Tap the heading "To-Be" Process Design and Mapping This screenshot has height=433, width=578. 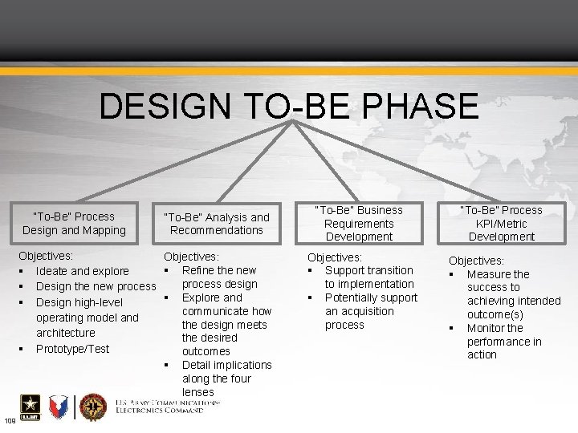[74, 223]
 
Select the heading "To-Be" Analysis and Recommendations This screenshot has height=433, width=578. [217, 223]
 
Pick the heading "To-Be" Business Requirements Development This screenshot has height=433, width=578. [359, 223]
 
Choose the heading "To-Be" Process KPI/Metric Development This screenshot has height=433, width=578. [501, 223]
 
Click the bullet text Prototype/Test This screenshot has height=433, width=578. [72, 349]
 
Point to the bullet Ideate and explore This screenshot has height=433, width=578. [82, 271]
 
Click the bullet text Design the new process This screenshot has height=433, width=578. [96, 287]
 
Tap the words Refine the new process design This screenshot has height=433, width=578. [219, 277]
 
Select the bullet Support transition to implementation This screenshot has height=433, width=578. [368, 277]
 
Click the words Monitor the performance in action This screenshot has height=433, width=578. [504, 341]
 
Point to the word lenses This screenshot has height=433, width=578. [198, 391]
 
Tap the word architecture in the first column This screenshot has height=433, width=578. [65, 332]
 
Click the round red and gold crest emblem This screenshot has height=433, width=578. [93, 408]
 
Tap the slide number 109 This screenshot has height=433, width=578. [10, 422]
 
